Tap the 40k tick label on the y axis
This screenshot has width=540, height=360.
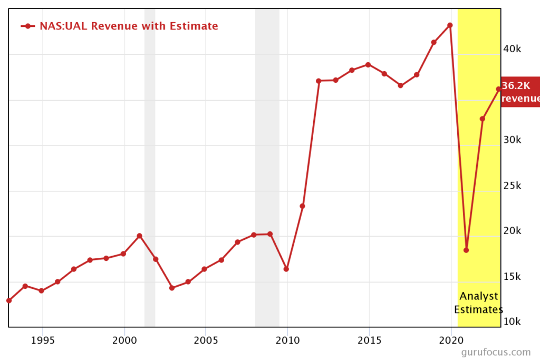(512, 49)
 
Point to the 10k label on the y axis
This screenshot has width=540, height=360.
(512, 322)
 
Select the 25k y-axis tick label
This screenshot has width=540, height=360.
(512, 186)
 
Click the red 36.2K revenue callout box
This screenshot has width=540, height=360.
(520, 92)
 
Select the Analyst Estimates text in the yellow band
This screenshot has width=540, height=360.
(478, 303)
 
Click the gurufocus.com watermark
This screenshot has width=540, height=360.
(496, 352)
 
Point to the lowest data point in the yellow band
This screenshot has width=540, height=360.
(466, 250)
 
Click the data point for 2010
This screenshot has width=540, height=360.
(286, 269)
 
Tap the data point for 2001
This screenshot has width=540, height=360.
(139, 236)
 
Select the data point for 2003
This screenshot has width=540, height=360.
(172, 288)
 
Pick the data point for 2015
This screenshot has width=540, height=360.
(368, 64)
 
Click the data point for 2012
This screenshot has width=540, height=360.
(319, 81)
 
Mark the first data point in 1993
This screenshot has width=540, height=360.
(9, 300)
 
